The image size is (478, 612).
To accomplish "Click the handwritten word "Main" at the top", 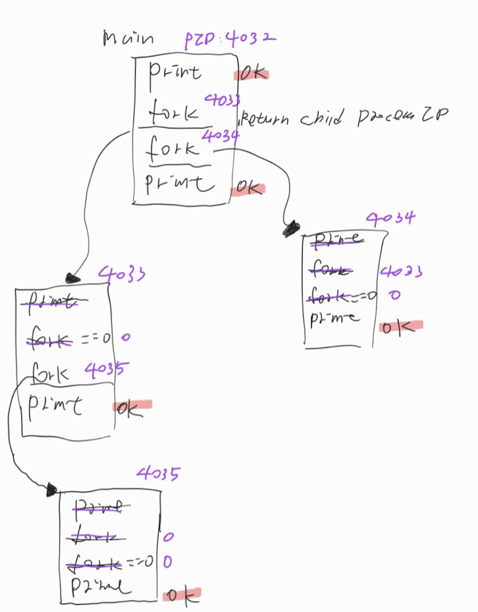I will coord(127,39).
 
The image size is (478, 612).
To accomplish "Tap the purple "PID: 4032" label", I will coord(230,40).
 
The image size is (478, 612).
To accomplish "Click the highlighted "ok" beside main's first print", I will coord(252,73).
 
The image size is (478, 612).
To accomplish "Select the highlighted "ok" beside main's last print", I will coord(247,188).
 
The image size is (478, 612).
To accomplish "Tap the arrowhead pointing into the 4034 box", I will coord(291,228).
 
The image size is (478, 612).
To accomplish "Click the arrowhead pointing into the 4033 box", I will coord(73,276).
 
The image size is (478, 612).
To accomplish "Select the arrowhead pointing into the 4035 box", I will coord(50,490).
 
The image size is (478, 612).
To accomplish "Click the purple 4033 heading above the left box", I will coord(122,274).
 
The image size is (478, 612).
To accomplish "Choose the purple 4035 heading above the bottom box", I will coord(157,473).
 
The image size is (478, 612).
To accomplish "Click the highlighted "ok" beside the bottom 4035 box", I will coord(182,594).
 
